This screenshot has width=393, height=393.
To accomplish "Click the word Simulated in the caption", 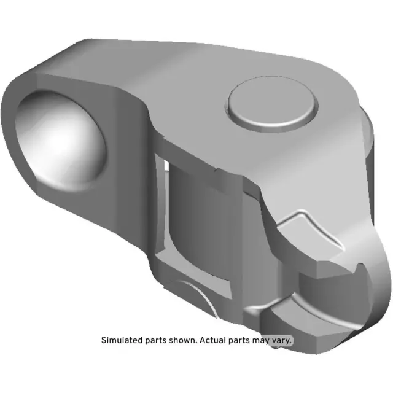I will tap(121, 340).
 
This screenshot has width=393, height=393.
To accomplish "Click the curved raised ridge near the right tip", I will tap(319, 230).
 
